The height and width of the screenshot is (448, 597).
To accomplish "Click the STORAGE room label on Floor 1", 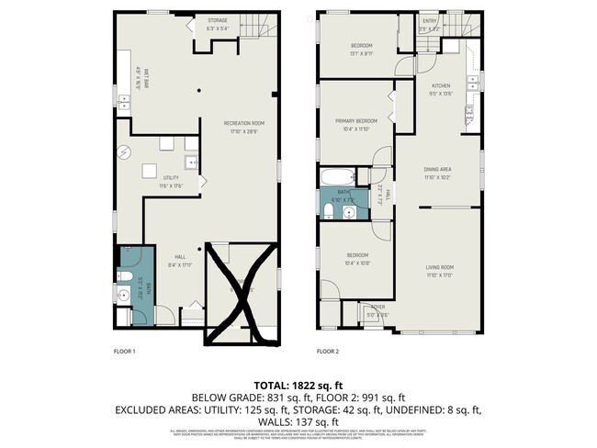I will pos(217,23).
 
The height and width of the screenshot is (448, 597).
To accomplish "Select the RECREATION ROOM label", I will pos(246,127).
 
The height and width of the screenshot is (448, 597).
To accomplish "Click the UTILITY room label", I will pos(171,181).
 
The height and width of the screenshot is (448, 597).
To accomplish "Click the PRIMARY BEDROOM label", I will pos(354,124).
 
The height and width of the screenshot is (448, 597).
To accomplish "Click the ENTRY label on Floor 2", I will pos(429,22).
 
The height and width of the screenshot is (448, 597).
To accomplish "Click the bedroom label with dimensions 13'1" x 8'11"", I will pos(361,49).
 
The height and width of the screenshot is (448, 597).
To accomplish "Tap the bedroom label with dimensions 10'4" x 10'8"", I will pos(356,258).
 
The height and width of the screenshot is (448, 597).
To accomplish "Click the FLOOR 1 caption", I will pos(124,351).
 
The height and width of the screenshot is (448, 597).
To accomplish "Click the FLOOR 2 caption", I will pos(328,351).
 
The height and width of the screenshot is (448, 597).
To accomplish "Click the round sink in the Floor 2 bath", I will pos(348,212).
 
